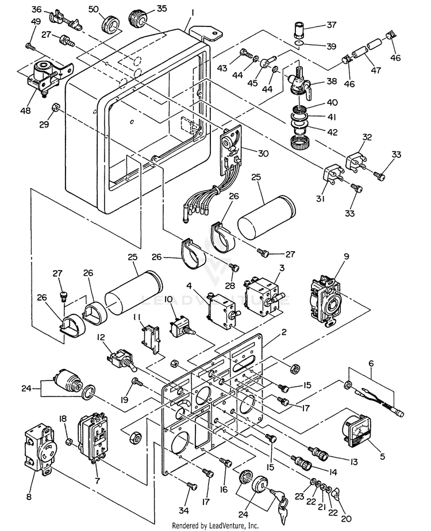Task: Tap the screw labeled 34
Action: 190,486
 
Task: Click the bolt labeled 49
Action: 30,44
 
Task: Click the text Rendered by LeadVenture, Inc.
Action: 215,525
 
